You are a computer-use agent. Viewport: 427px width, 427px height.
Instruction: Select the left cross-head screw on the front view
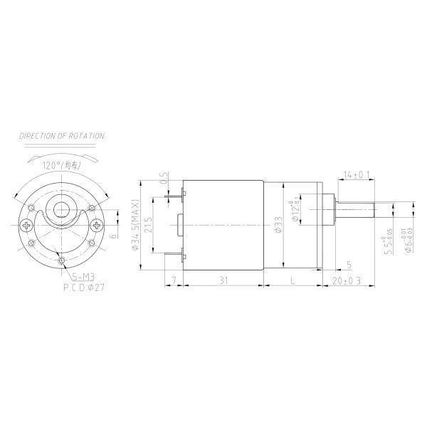[x=28, y=226]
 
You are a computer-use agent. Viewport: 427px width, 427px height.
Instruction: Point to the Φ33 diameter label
[x=278, y=225]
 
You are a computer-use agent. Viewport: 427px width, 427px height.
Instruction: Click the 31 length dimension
[x=223, y=281]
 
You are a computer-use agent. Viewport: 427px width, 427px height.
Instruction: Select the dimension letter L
[x=293, y=282]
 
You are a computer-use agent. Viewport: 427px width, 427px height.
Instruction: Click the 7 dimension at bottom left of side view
[x=174, y=281]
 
